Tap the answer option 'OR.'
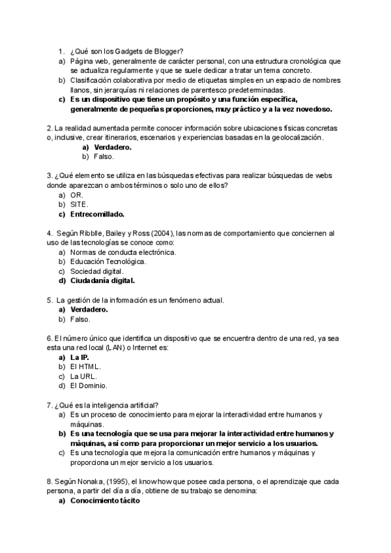point(77,195)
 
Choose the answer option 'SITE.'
point(80,204)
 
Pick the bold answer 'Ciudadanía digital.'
point(102,281)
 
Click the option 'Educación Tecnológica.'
point(108,262)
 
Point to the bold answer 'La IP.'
point(80,357)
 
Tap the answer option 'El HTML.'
point(85,366)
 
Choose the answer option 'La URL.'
point(83,376)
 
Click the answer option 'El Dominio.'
point(89,386)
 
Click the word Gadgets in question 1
point(130,51)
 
